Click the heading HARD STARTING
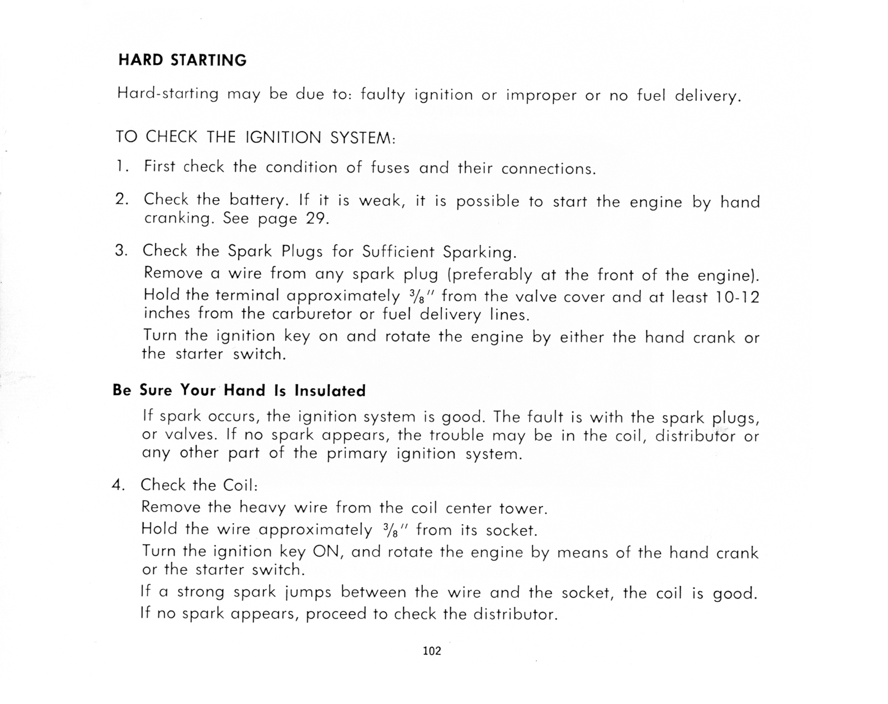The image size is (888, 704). tap(182, 60)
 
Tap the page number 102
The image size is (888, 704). tap(432, 651)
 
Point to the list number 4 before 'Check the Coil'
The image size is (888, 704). tap(118, 485)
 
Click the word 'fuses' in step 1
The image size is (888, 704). tap(390, 168)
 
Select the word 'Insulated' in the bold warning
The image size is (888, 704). tap(330, 391)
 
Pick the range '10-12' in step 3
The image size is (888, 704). tap(736, 297)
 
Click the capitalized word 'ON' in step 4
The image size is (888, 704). tap(327, 551)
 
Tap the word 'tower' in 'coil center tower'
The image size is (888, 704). tap(523, 508)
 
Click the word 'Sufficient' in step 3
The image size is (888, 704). tap(398, 252)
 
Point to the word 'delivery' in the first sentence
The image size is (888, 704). tap(708, 96)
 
